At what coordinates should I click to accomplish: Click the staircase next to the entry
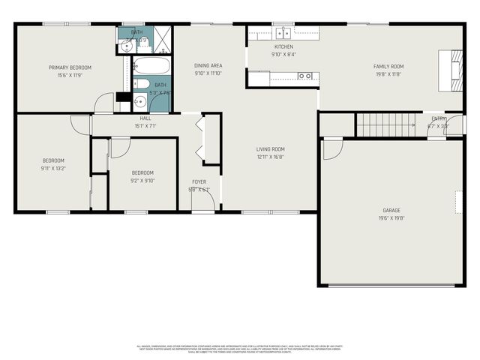(x=384, y=125)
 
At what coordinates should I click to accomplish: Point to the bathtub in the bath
(x=152, y=68)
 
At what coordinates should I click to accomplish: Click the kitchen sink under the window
(x=283, y=32)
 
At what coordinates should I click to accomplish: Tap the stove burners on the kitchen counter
(x=304, y=76)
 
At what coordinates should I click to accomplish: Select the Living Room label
(x=271, y=149)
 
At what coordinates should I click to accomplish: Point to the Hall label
(x=145, y=118)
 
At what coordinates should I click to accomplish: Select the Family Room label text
(x=388, y=67)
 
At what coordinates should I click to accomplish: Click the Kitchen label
(x=283, y=46)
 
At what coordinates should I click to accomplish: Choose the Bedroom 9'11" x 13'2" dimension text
(x=52, y=168)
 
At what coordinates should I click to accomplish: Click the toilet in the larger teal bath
(x=141, y=83)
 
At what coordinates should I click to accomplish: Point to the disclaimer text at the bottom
(x=240, y=348)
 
